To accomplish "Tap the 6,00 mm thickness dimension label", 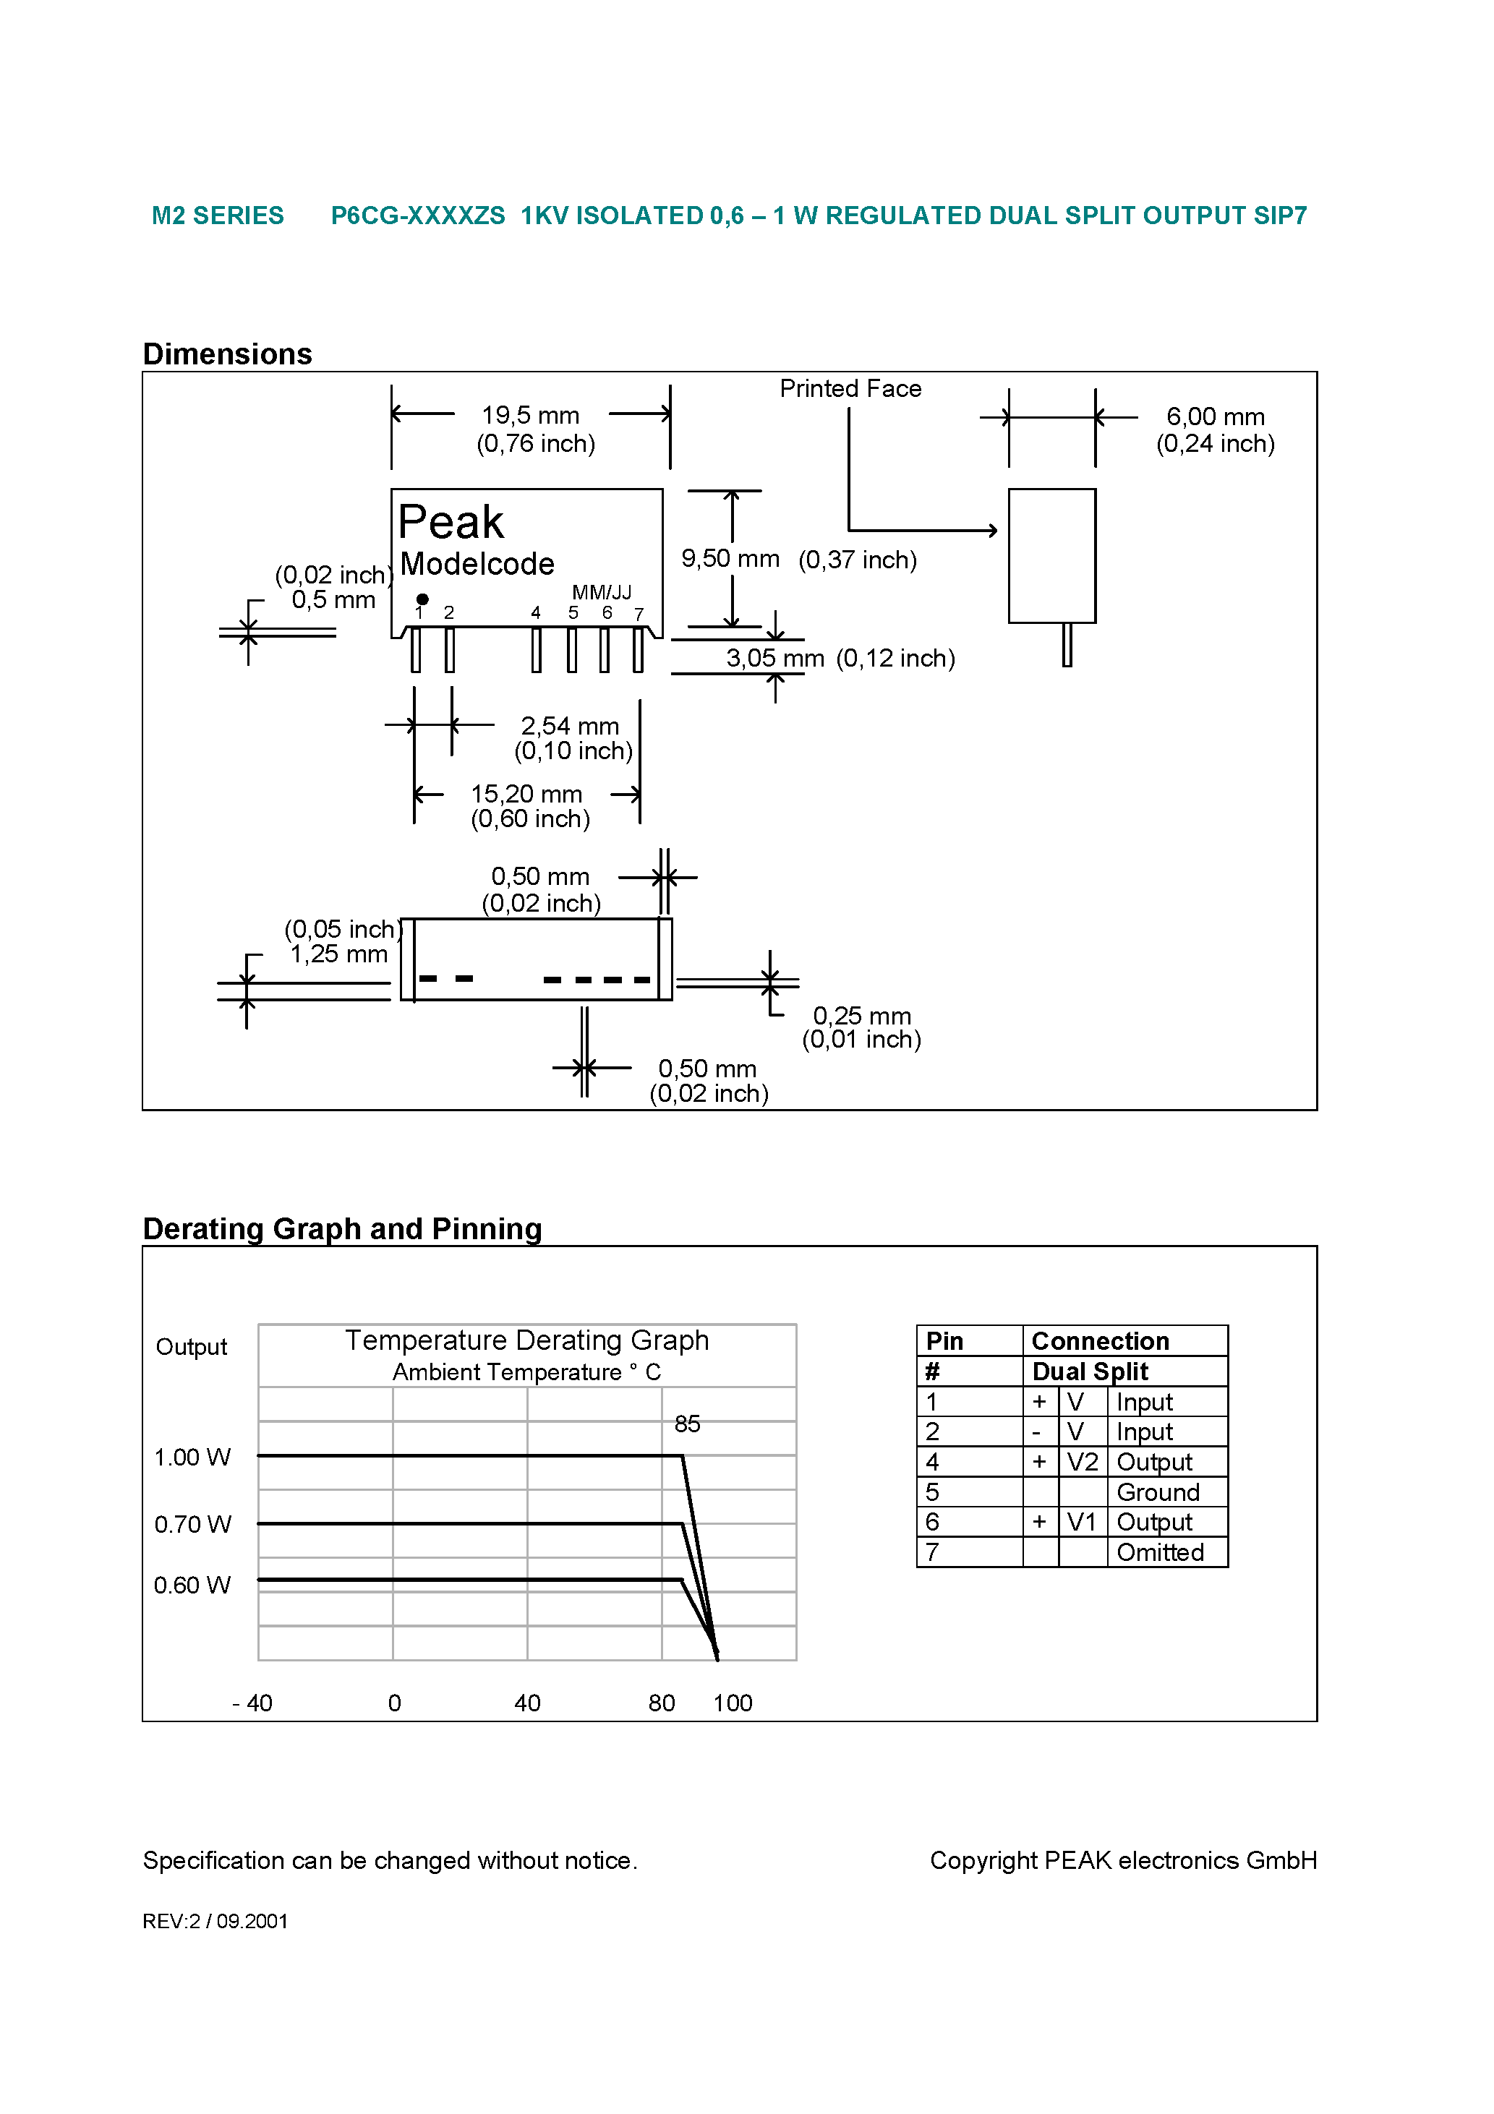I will (1215, 417).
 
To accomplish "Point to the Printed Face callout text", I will (850, 388).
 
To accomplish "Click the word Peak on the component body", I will (451, 522).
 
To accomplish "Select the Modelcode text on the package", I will (477, 563).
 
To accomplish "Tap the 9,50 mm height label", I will (730, 559).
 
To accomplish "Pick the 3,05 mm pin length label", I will (774, 659).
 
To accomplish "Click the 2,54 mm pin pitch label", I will (570, 727).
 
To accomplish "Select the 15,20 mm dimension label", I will (527, 794).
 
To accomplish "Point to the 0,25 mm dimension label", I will (861, 1017).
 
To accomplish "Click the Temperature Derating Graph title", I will (527, 1340).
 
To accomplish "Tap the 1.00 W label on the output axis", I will (192, 1458).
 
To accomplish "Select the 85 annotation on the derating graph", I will (687, 1424).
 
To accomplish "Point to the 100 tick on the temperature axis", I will (733, 1703).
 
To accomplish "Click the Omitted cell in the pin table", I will (1160, 1553).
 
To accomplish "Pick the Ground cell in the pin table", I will (1158, 1492).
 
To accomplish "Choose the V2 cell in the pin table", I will (1083, 1462).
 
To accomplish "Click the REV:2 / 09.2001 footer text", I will (215, 1922).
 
